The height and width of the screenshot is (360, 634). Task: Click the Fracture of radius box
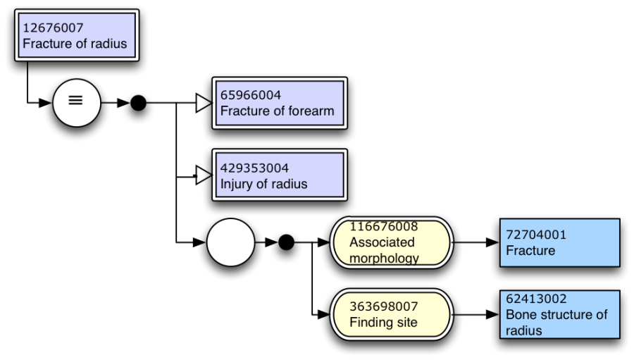(76, 36)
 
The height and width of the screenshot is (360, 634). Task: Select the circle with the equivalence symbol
(76, 102)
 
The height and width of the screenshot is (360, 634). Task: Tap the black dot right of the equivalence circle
(139, 104)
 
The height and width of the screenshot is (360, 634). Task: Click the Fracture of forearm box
(280, 104)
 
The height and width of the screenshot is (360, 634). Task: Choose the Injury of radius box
(280, 175)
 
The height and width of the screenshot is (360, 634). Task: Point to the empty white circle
(230, 242)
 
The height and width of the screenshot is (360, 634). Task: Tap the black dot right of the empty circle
(285, 242)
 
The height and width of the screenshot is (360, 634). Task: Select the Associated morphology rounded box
(390, 242)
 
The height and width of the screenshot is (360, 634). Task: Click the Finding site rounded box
(390, 314)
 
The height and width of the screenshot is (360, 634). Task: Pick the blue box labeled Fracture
(559, 242)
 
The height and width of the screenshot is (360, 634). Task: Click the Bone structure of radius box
(559, 314)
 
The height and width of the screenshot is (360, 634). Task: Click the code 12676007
(53, 28)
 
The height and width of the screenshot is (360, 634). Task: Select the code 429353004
(254, 168)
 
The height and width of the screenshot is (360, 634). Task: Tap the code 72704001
(536, 235)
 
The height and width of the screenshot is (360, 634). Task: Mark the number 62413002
(536, 299)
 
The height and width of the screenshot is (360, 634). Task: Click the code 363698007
(384, 306)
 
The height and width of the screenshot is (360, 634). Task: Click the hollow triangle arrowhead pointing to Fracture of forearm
(203, 104)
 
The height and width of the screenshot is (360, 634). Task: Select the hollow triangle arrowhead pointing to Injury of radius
(203, 175)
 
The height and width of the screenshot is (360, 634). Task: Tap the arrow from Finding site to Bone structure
(475, 314)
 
